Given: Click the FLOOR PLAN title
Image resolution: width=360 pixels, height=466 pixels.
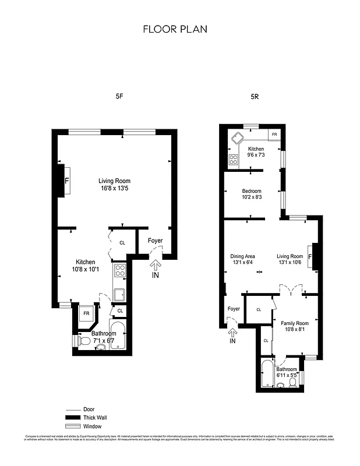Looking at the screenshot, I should tap(175, 29).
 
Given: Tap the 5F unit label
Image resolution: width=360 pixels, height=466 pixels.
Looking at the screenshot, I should tap(119, 97).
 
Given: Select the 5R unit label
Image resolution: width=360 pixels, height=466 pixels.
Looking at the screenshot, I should tap(254, 97).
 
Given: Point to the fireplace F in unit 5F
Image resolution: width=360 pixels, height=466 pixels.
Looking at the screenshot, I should tap(66, 181).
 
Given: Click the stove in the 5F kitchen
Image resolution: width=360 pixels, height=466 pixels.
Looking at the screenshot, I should tap(121, 270).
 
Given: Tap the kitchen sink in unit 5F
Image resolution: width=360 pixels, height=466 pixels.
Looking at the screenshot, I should tap(120, 294).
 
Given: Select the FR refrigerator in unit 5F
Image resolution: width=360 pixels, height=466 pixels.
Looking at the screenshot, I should tap(86, 313).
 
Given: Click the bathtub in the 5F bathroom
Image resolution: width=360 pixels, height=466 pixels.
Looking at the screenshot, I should tap(118, 336).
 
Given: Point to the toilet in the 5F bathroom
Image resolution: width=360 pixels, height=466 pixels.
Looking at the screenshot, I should tap(83, 341).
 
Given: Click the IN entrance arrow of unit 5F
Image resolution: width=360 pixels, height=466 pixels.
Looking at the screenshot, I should tap(155, 269).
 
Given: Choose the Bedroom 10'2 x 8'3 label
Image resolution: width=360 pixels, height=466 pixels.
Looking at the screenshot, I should tap(252, 194).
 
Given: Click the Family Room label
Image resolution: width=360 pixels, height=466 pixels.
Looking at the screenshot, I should tap(295, 326).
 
